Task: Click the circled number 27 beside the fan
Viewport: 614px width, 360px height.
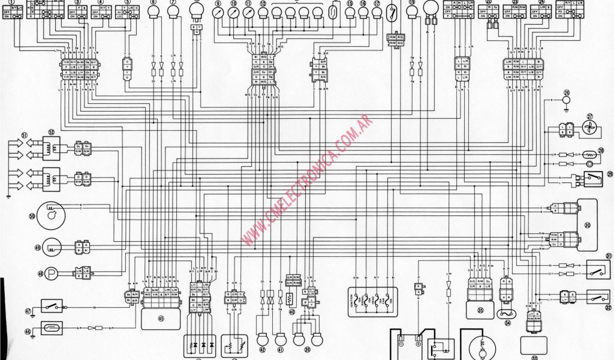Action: click(589, 116)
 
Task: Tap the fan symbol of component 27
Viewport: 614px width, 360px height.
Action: click(588, 128)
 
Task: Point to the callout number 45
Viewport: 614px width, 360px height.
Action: click(161, 319)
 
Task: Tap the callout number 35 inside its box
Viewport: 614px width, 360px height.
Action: click(480, 310)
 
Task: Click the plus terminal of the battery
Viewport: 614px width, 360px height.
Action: click(418, 345)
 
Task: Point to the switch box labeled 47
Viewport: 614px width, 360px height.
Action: click(53, 307)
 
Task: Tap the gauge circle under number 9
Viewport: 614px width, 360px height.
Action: click(218, 13)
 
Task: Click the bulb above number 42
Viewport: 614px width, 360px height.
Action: click(262, 338)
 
